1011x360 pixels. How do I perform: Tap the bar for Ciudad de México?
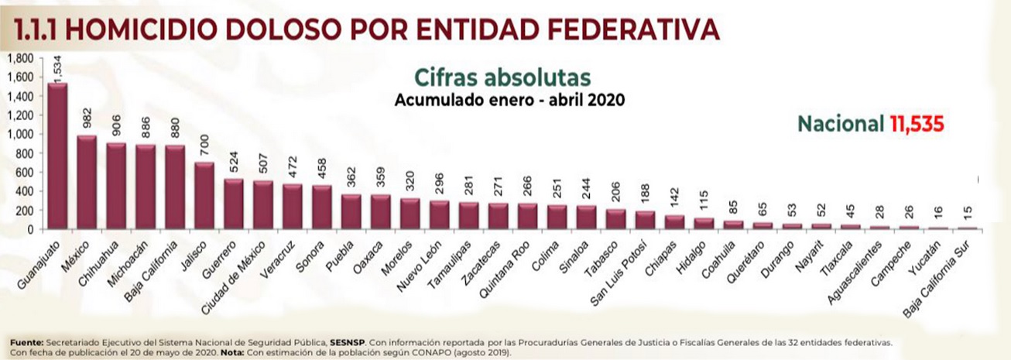coord(262,205)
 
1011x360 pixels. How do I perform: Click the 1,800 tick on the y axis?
coord(21,59)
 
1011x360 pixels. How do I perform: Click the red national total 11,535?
coord(916,125)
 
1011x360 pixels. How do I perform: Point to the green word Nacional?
coord(841,125)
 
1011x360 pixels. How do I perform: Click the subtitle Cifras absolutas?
coord(502,77)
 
